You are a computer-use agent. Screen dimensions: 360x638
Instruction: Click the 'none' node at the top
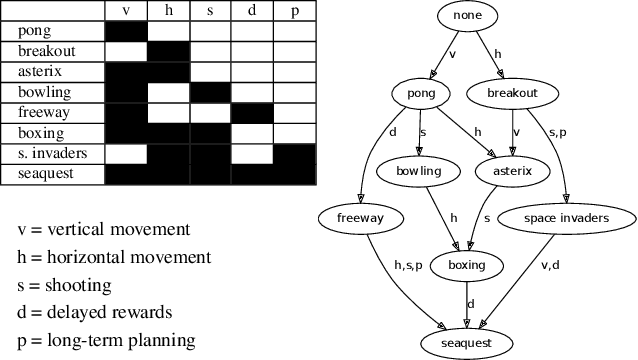pos(467,17)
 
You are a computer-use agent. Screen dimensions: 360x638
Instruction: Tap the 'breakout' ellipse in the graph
pos(512,94)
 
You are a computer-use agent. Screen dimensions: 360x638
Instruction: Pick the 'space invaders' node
pos(566,217)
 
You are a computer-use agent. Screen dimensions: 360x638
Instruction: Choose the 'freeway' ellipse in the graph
pos(354,217)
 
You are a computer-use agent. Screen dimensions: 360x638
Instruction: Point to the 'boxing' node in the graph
pos(467,265)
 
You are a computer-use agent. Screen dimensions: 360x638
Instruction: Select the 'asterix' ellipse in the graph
pos(512,171)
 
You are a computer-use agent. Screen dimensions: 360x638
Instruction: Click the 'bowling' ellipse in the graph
pos(418,171)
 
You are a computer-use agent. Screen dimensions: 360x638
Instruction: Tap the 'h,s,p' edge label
pos(407,265)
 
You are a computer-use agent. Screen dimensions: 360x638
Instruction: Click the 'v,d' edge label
pos(550,265)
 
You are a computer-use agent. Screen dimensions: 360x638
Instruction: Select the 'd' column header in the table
pos(251,10)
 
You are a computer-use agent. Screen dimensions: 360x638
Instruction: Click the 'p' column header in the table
pos(293,10)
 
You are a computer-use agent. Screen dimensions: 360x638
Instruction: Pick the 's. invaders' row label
pos(52,153)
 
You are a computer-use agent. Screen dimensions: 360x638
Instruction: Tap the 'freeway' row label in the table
pos(43,112)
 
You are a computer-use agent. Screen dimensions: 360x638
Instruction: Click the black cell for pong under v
pos(126,30)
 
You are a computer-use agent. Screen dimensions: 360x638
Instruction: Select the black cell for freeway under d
pos(251,112)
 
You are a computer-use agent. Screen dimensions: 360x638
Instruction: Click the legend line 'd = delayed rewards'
pos(95,311)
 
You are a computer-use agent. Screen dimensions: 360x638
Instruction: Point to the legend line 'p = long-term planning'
pos(106,339)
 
